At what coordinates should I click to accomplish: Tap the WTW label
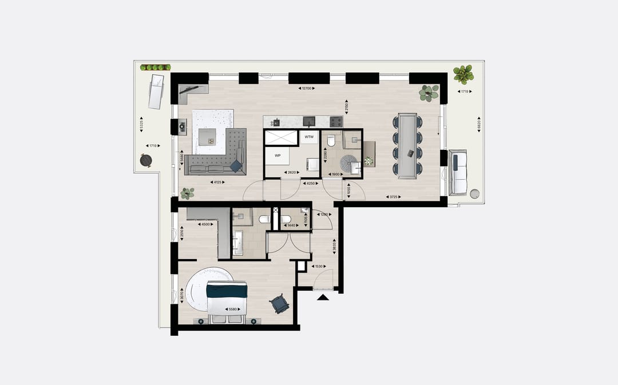309,137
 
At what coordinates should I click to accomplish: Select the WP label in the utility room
278,155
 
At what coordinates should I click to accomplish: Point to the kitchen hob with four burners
336,121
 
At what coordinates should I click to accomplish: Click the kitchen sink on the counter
309,121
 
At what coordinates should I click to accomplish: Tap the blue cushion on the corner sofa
236,165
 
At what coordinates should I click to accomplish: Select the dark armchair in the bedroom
280,304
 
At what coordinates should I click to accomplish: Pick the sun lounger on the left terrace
156,92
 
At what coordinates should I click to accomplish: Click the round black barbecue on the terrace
145,161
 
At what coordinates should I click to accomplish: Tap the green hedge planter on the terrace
156,68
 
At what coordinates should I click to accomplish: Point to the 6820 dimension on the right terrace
478,123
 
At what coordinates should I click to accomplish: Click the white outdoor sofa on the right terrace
458,172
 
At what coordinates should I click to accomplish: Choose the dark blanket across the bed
227,291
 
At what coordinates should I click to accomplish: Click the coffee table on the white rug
207,136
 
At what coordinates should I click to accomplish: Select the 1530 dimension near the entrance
319,266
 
